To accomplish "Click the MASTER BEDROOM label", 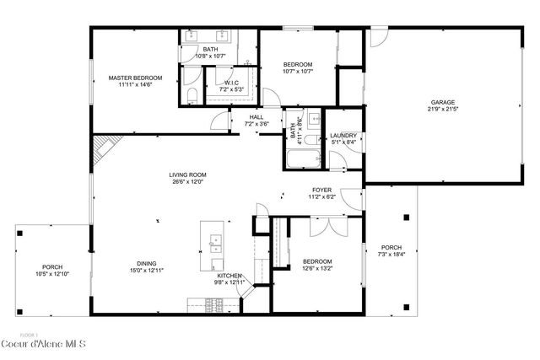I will click(x=134, y=78).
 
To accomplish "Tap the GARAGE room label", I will click(x=446, y=103).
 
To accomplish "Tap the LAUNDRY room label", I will click(x=343, y=136).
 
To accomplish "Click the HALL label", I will click(x=256, y=117).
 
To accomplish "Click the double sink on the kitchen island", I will click(x=214, y=244).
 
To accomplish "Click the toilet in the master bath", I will click(x=192, y=93).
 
